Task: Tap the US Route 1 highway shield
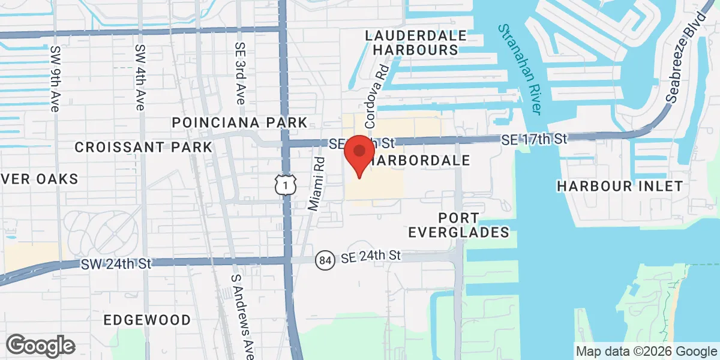point(286,184)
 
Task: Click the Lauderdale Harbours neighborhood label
point(416,43)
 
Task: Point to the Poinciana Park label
point(239,122)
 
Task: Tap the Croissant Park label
point(143,147)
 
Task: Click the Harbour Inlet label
point(620,186)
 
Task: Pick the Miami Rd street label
point(316,183)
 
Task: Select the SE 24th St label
point(370,256)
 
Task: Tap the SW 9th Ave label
point(56,79)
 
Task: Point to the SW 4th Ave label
point(140,77)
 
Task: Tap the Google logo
point(41,345)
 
